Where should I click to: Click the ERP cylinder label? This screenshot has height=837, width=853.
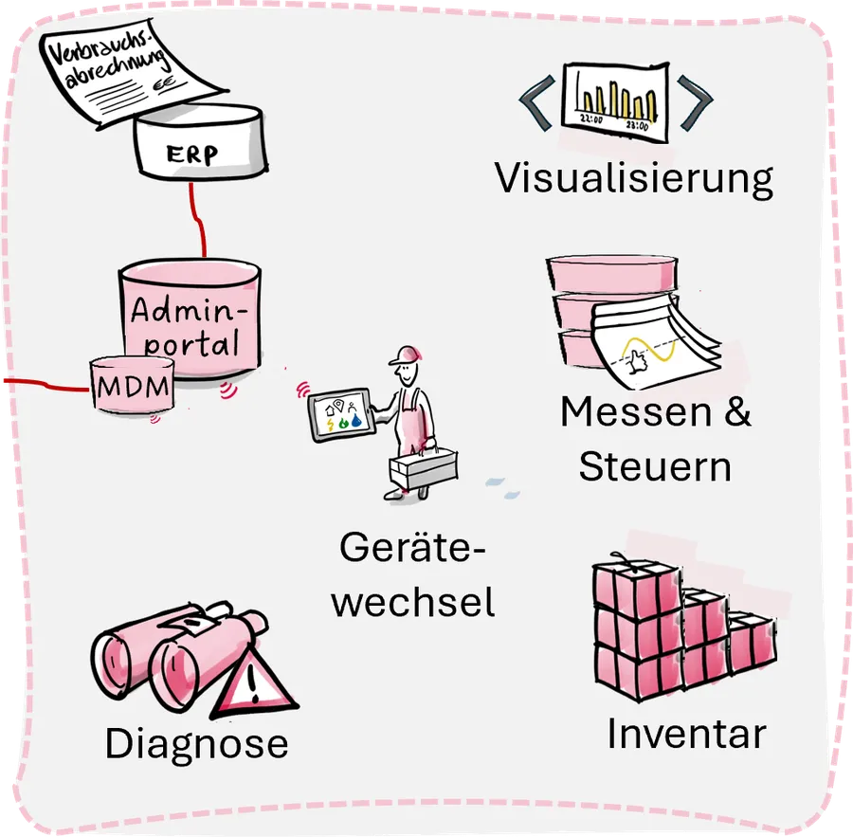[192, 155]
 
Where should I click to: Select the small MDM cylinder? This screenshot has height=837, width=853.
[132, 387]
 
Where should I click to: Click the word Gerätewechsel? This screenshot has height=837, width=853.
[414, 574]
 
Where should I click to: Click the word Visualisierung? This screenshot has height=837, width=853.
[634, 178]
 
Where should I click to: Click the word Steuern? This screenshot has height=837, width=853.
[655, 467]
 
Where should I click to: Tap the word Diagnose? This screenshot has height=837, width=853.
[196, 743]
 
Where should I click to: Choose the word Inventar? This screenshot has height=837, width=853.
[686, 735]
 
